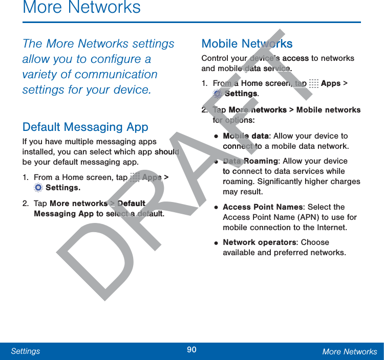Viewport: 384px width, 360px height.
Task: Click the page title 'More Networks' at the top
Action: (x=82, y=8)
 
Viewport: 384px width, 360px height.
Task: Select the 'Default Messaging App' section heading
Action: (x=86, y=127)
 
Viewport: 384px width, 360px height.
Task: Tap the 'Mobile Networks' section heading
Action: (x=247, y=44)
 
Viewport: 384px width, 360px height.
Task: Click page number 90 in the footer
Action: (x=191, y=350)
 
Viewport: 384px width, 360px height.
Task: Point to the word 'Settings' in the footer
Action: (x=26, y=351)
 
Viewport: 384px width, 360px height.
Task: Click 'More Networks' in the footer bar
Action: (x=349, y=351)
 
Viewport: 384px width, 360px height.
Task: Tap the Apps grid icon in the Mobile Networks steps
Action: (x=314, y=83)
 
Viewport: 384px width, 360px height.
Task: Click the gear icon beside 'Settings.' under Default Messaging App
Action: (x=38, y=188)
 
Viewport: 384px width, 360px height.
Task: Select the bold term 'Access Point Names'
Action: (x=263, y=207)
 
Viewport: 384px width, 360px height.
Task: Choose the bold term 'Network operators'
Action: (x=260, y=242)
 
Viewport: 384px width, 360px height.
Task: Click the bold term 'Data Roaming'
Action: (x=250, y=161)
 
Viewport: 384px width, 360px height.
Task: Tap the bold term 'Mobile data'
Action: (x=246, y=136)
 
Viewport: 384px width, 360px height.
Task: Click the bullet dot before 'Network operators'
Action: (x=217, y=243)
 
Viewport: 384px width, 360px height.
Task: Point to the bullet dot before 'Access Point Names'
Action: (x=217, y=208)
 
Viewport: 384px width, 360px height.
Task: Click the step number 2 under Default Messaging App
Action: (x=25, y=204)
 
